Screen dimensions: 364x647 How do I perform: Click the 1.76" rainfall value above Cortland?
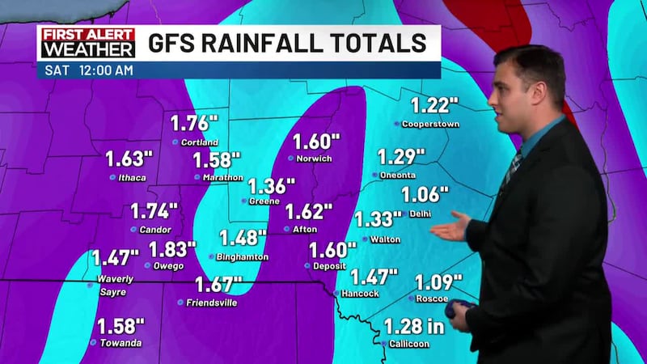[x=195, y=124]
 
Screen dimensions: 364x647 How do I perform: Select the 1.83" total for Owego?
[x=172, y=249]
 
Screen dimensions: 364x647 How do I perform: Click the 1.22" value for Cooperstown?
[x=434, y=105]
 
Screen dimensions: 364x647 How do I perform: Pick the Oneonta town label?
[x=399, y=175]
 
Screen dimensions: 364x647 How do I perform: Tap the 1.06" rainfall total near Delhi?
[x=425, y=195]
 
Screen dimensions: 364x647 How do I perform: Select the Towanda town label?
[x=121, y=344]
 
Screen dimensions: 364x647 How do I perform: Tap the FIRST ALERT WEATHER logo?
[x=87, y=43]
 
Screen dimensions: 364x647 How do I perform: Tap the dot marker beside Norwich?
[x=292, y=159]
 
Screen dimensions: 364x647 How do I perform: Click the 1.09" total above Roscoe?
[x=438, y=283]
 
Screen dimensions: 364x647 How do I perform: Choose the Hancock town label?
[x=361, y=294]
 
